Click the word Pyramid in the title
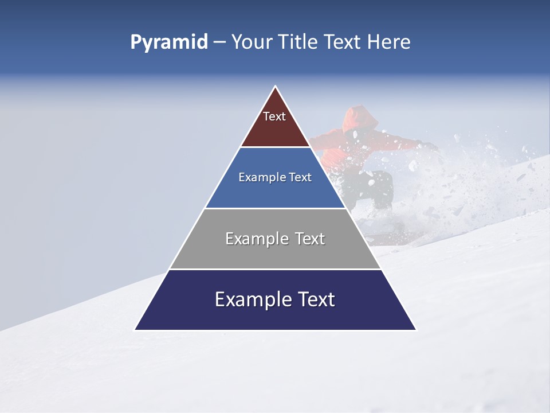coord(169,42)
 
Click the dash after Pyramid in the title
coord(219,42)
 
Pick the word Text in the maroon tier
coord(274,116)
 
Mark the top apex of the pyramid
coord(276,86)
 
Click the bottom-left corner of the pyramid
coord(135,330)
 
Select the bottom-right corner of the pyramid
coord(416,330)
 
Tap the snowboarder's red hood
coord(361,118)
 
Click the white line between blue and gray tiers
coord(276,208)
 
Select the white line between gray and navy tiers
coord(276,269)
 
